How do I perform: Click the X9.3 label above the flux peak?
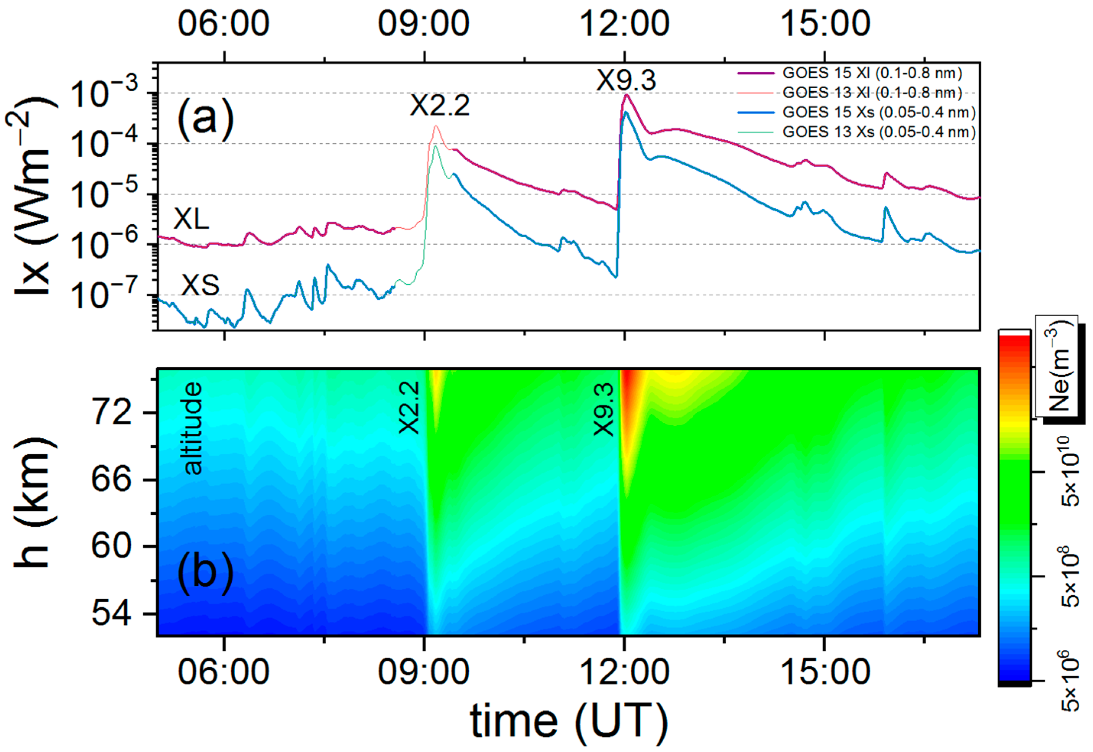pos(626,81)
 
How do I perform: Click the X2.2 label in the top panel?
pos(440,105)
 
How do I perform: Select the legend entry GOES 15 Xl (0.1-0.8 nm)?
pos(872,73)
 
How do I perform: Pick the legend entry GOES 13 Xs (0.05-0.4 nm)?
pos(879,132)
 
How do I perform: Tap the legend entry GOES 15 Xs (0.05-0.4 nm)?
pos(879,112)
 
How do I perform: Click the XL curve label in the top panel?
pos(191,219)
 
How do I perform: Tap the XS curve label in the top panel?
pos(200,285)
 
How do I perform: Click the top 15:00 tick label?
pos(825,24)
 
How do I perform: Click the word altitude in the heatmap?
pos(193,428)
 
